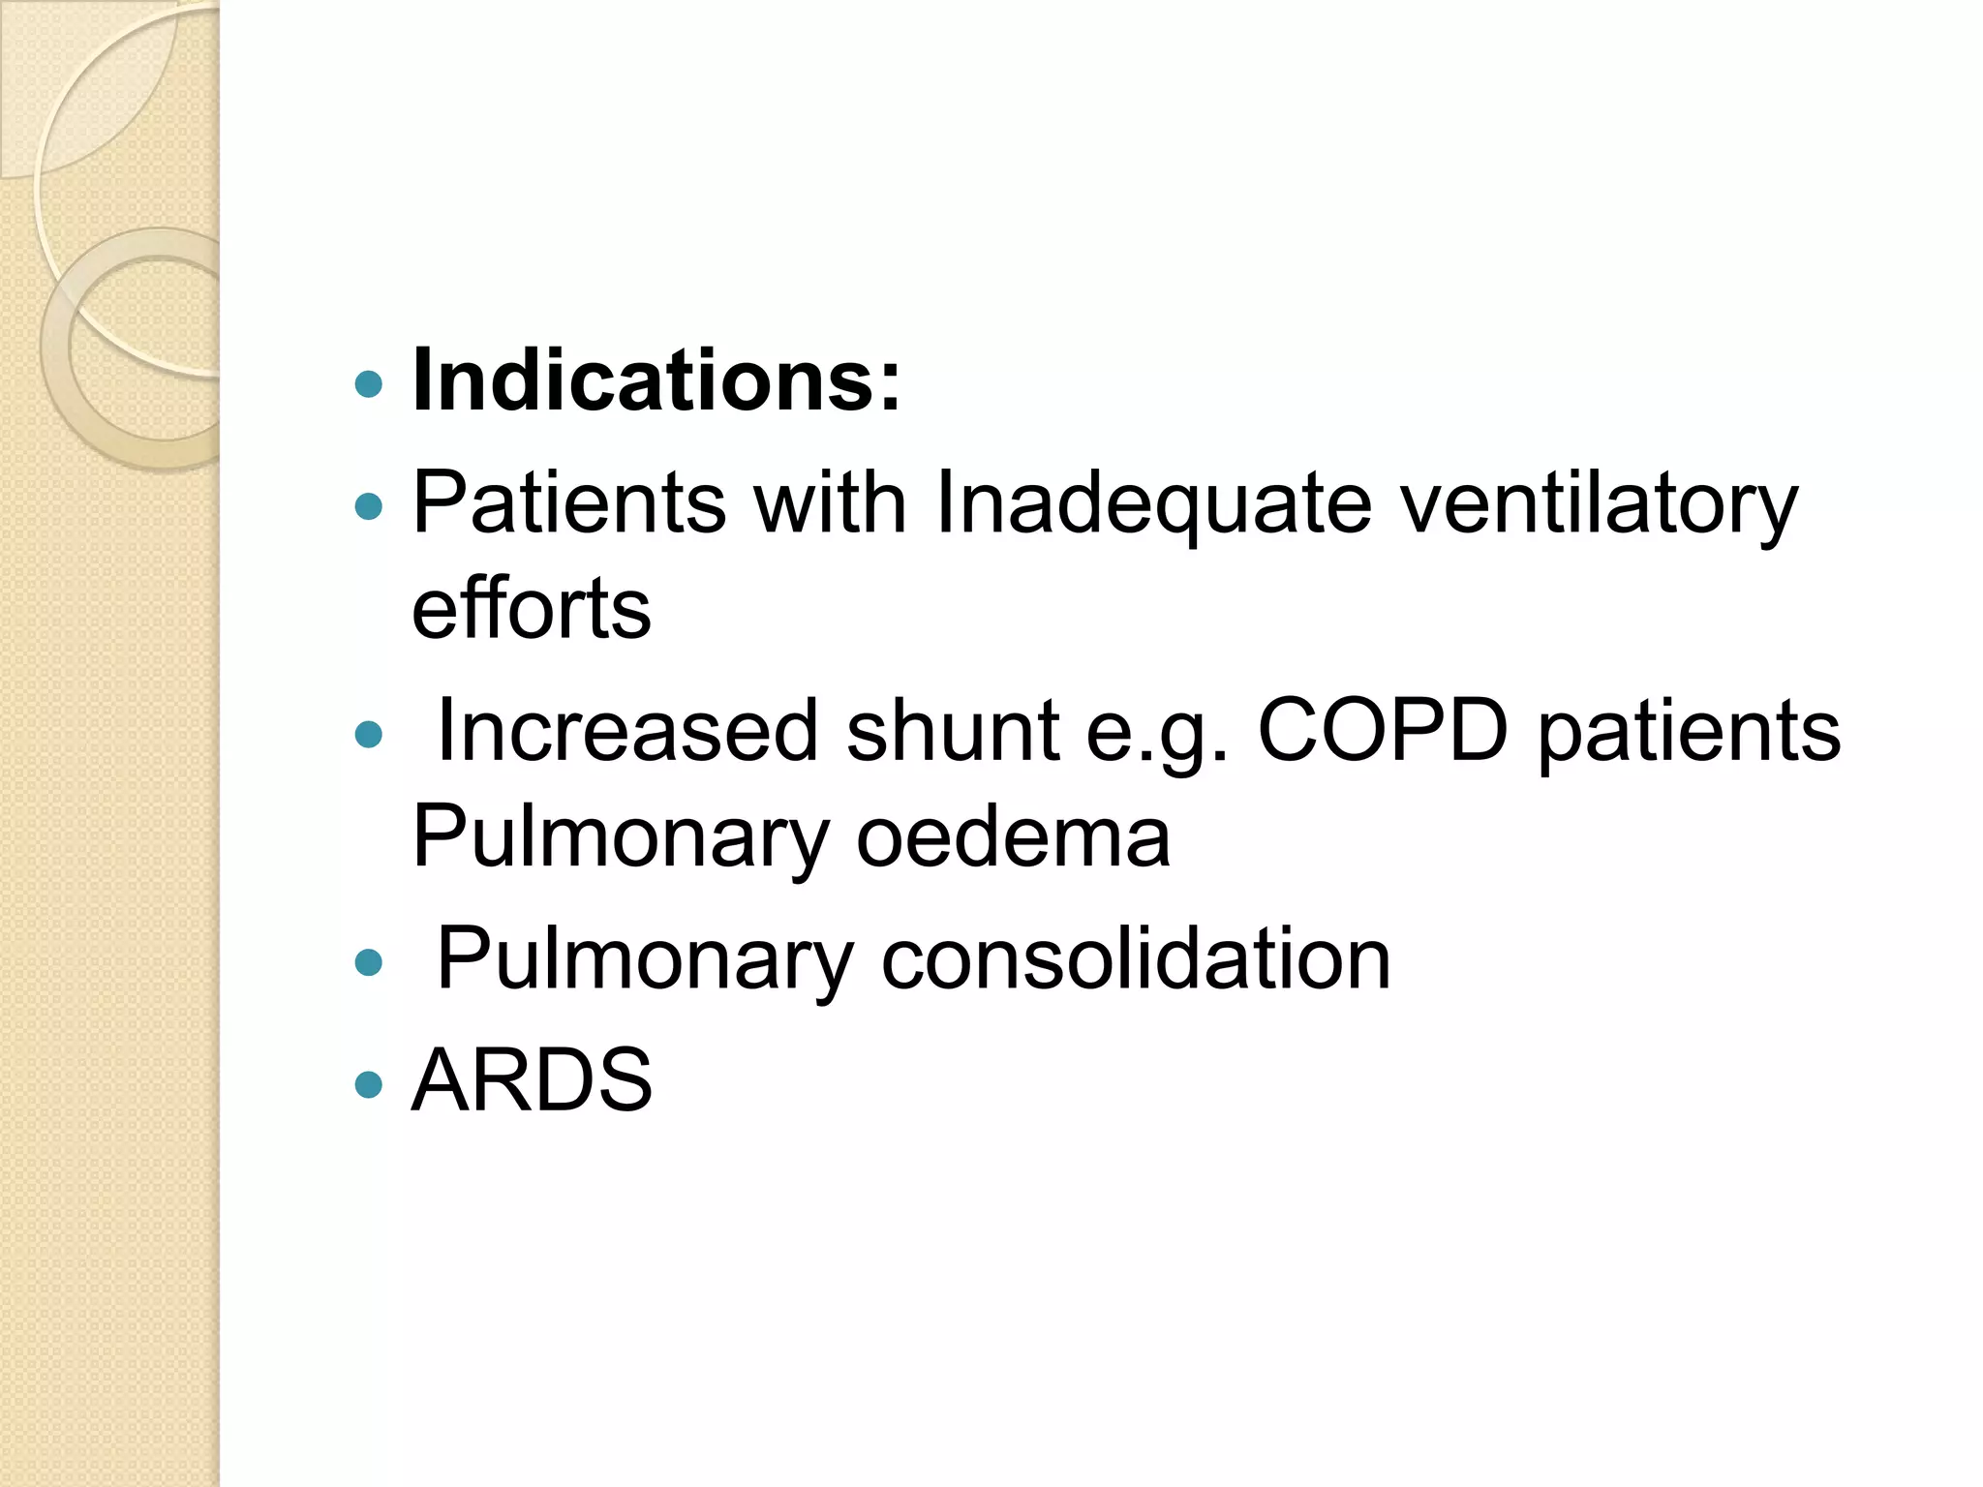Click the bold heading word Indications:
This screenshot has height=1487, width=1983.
coord(656,380)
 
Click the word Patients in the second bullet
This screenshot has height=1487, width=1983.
coord(568,501)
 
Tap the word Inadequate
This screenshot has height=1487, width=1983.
coord(1153,501)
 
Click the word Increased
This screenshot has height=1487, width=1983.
coord(627,730)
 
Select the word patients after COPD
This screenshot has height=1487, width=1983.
coord(1689,730)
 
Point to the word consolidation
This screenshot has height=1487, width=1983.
coord(1135,958)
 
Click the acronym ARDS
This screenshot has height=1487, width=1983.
coord(532,1079)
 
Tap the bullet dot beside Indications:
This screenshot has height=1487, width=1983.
coord(369,385)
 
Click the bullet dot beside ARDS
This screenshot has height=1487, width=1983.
coord(369,1083)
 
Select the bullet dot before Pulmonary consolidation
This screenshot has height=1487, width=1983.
coord(369,962)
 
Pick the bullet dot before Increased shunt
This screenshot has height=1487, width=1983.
coord(369,735)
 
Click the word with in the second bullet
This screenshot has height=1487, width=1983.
coord(830,501)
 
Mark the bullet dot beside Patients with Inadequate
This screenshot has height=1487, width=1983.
coord(369,506)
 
